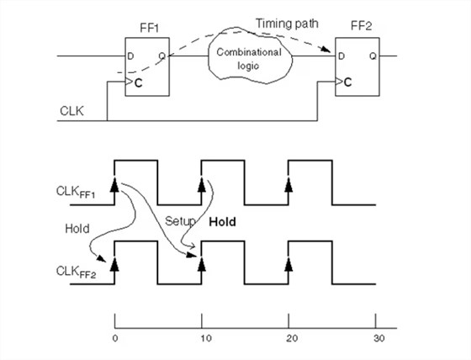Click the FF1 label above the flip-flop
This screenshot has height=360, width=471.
150,28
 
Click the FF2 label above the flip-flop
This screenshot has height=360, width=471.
362,26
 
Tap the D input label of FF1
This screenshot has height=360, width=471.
130,56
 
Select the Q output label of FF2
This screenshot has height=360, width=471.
373,56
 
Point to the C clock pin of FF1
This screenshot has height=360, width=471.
139,83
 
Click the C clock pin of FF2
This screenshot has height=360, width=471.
348,82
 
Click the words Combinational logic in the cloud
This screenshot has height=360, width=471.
249,59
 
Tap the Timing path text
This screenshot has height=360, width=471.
287,24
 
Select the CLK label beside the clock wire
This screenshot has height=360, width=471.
71,111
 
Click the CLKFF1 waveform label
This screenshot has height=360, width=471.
76,193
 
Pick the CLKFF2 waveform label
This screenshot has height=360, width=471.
77,273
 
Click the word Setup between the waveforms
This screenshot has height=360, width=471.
180,222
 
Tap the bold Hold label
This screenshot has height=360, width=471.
223,222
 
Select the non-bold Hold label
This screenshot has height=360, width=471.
77,229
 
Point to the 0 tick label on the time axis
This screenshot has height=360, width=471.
115,339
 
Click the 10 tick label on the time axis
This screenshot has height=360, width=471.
206,339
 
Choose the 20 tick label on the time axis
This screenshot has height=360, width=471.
292,339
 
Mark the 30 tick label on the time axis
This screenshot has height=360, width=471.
379,339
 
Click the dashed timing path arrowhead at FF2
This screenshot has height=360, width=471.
326,50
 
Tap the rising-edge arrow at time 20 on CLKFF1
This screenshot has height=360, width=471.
288,184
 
